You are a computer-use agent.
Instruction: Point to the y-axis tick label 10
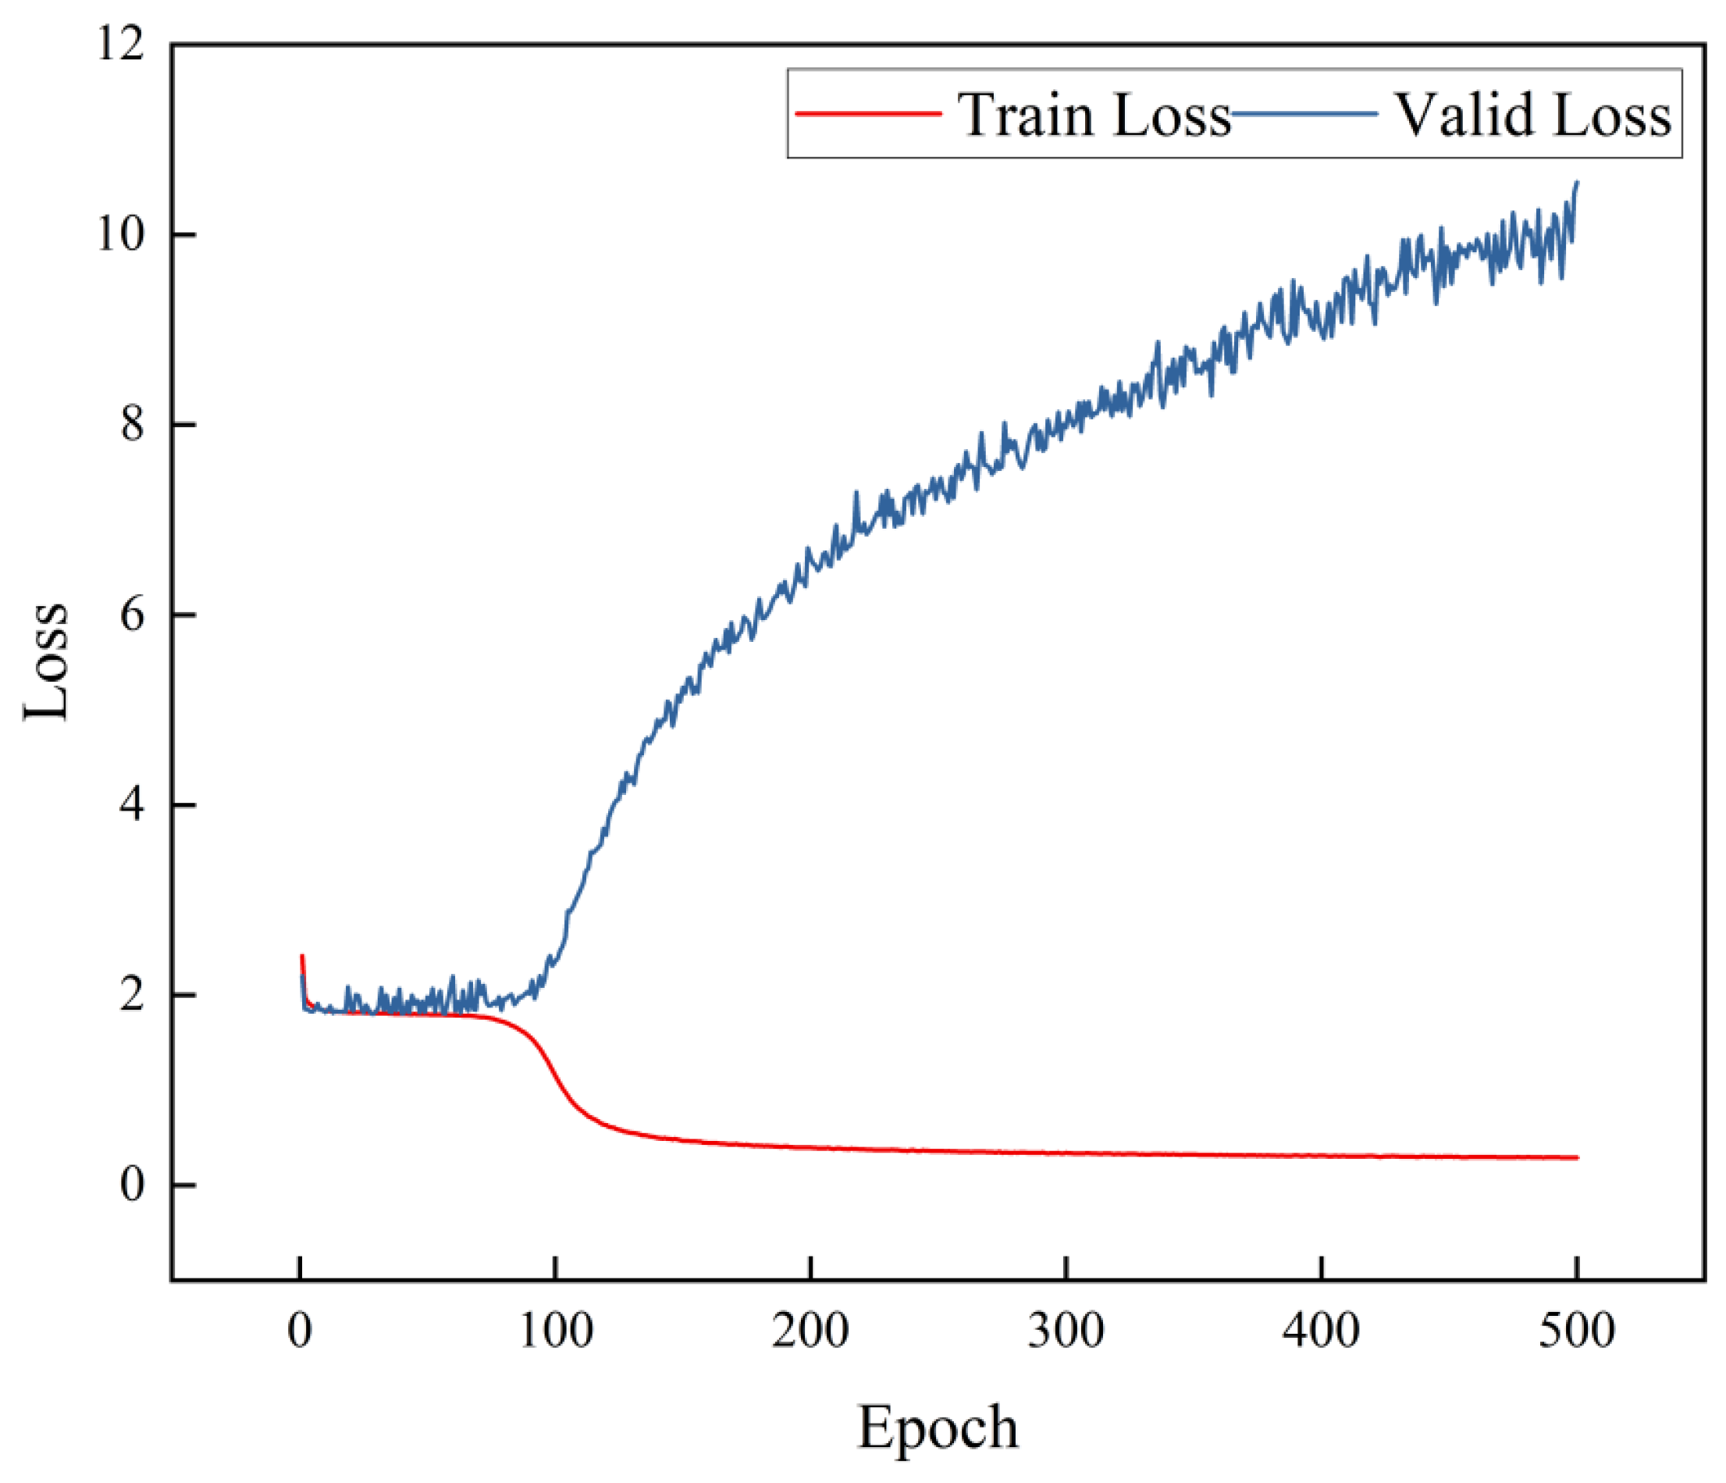(x=122, y=234)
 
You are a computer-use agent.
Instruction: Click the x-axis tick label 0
(x=300, y=1331)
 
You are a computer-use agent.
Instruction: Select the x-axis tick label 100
(x=556, y=1331)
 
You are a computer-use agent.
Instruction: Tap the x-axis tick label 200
(x=810, y=1331)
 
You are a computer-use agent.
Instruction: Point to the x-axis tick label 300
(x=1066, y=1331)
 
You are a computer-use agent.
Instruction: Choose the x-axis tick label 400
(x=1321, y=1331)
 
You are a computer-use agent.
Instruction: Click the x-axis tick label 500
(x=1577, y=1331)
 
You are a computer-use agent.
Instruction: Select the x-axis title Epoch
(x=938, y=1428)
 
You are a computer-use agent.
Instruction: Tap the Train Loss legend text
(x=1094, y=114)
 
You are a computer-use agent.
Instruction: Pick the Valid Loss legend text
(x=1532, y=114)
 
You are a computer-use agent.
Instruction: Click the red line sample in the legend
(x=869, y=114)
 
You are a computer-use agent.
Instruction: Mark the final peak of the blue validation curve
(x=1577, y=182)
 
